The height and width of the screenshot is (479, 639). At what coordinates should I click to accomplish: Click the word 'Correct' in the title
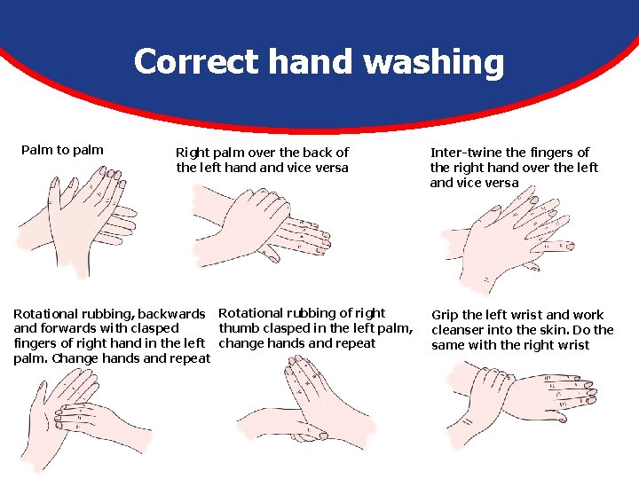[196, 61]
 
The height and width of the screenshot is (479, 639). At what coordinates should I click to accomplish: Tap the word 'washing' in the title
[434, 63]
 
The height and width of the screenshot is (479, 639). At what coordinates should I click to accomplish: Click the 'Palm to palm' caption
[62, 150]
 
